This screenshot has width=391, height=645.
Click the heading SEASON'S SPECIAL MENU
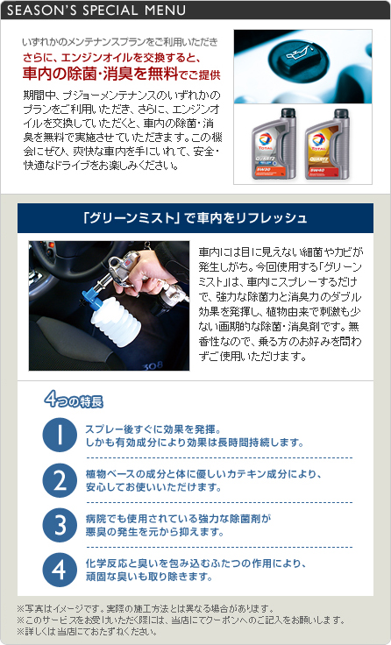(x=96, y=11)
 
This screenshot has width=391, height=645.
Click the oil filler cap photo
(x=303, y=67)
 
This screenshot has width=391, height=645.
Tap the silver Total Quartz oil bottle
(x=274, y=144)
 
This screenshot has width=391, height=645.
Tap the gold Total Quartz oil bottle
(x=327, y=144)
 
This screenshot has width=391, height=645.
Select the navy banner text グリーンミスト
(x=132, y=218)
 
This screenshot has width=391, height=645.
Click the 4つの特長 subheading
(x=74, y=400)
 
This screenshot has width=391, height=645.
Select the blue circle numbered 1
(x=60, y=436)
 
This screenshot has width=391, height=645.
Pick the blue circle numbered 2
(x=60, y=480)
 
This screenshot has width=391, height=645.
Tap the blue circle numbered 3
(x=60, y=525)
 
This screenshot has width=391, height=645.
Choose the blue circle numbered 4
(x=60, y=570)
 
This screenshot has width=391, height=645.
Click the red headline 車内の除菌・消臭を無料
(x=101, y=74)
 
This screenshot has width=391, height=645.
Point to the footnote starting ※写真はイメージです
(x=146, y=608)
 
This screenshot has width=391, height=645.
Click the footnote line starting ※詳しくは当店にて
(x=87, y=632)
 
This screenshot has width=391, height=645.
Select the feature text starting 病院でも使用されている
(x=178, y=525)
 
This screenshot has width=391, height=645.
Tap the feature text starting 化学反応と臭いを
(x=195, y=570)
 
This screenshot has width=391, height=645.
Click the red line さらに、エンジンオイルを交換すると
(x=111, y=57)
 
